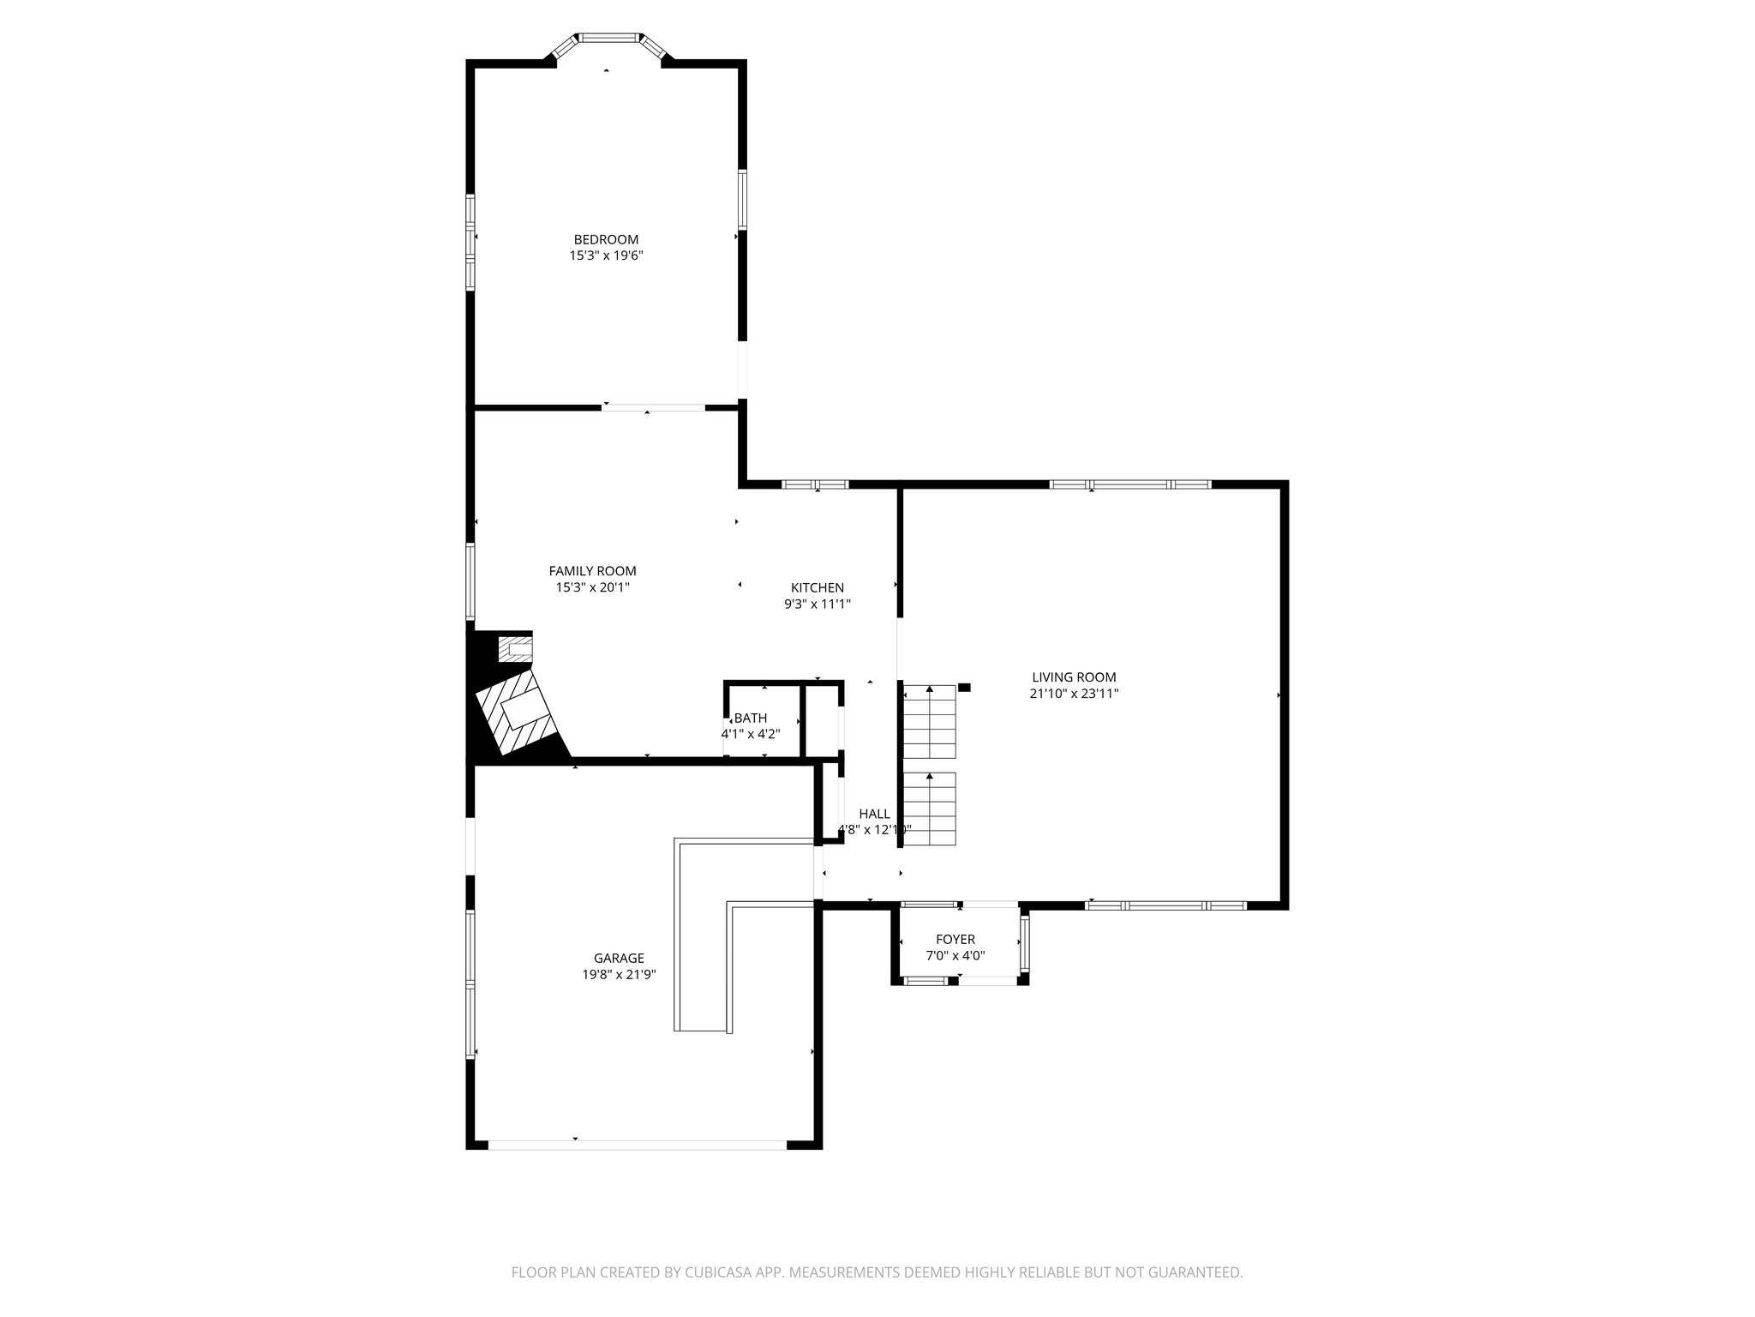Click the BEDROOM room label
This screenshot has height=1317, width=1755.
pyautogui.click(x=606, y=239)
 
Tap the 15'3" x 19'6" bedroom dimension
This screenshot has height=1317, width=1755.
pyautogui.click(x=606, y=256)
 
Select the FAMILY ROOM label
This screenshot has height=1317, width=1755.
pyautogui.click(x=592, y=571)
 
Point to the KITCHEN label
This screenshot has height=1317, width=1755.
pyautogui.click(x=817, y=587)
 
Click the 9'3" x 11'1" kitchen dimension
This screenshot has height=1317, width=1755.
pyautogui.click(x=817, y=604)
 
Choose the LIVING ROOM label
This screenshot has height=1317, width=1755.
pyautogui.click(x=1074, y=677)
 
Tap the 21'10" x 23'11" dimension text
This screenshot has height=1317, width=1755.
pyautogui.click(x=1074, y=694)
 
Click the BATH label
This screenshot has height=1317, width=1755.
pyautogui.click(x=751, y=718)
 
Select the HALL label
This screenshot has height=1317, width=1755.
pyautogui.click(x=874, y=814)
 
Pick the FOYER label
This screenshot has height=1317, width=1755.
pyautogui.click(x=955, y=940)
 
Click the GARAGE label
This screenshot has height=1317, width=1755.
pyautogui.click(x=619, y=959)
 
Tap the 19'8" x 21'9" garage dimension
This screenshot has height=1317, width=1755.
pyautogui.click(x=619, y=975)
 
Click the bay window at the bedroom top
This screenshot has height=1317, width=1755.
pyautogui.click(x=608, y=39)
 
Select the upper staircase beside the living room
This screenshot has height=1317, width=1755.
pyautogui.click(x=930, y=722)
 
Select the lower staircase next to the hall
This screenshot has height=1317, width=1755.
pyautogui.click(x=930, y=809)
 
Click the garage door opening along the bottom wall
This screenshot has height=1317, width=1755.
pyautogui.click(x=637, y=1145)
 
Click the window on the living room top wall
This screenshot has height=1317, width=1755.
pyautogui.click(x=1130, y=484)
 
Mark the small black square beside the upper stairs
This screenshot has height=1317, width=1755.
pyautogui.click(x=964, y=687)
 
